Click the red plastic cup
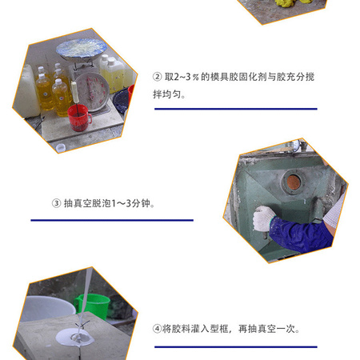click(78, 118)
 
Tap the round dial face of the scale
click(92, 91)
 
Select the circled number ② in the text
click(158, 77)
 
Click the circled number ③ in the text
click(56, 203)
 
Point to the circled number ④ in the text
click(157, 328)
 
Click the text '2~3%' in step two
click(186, 77)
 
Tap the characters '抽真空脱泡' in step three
click(87, 203)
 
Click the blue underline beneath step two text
click(236, 109)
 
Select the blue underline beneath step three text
click(112, 220)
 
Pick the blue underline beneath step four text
click(236, 347)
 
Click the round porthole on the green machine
click(294, 182)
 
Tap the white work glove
click(263, 218)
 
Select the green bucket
click(93, 306)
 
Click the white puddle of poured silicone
click(74, 337)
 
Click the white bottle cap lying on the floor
click(61, 147)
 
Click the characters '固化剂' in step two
click(253, 77)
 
